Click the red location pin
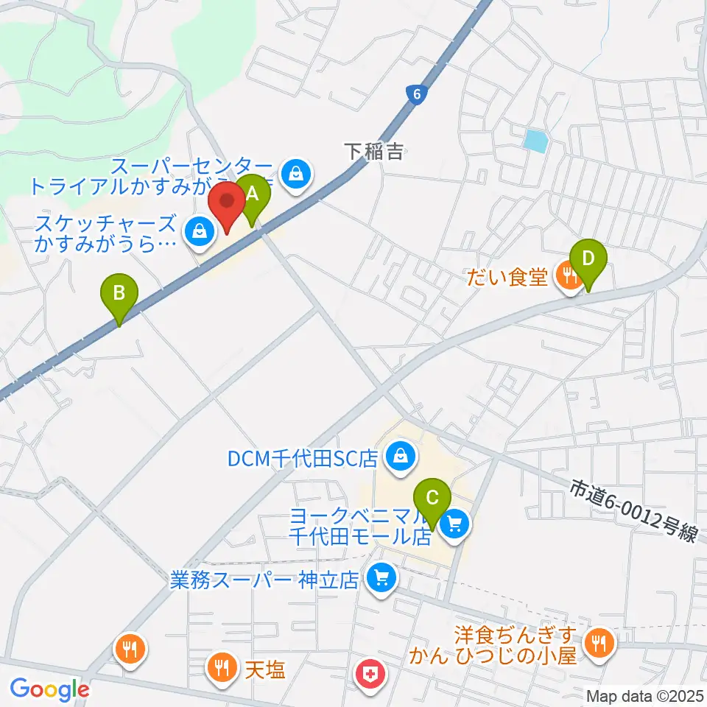pos(228,204)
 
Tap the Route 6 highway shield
pos(416,94)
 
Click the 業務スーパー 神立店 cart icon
pos(381,577)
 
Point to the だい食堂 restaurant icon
pos(568,277)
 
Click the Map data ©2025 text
pos(644,695)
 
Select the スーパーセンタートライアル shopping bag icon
pos(295,174)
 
